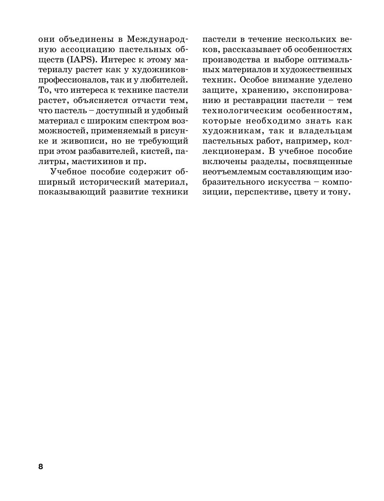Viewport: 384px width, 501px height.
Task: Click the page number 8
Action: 41,467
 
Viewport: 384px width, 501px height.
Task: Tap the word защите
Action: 218,91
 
